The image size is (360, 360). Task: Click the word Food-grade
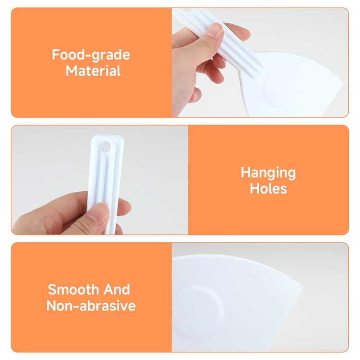tap(91, 55)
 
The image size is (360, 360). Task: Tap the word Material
tap(93, 71)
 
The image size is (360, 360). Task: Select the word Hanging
tap(268, 172)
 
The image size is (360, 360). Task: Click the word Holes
tap(268, 188)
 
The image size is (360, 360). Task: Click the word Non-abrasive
tap(91, 306)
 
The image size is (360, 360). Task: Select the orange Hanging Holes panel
tap(268, 180)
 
